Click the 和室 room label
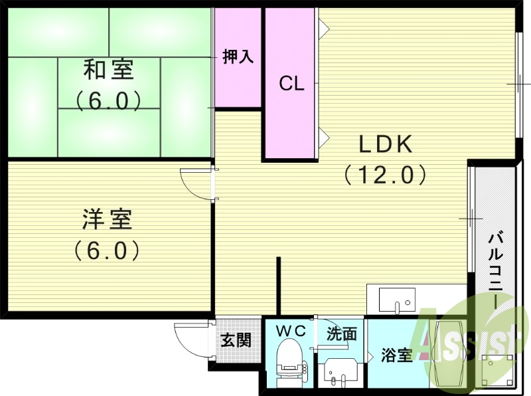point(108,68)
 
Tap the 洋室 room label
point(108,219)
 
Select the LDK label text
point(386,144)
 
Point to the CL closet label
point(291,84)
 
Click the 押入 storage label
point(238,57)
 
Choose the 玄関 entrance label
point(236,341)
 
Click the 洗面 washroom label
point(342,334)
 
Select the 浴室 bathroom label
point(398,355)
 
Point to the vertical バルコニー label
point(495,269)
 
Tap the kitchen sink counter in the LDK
point(397,300)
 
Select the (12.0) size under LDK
point(385,175)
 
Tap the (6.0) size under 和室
point(108,100)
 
